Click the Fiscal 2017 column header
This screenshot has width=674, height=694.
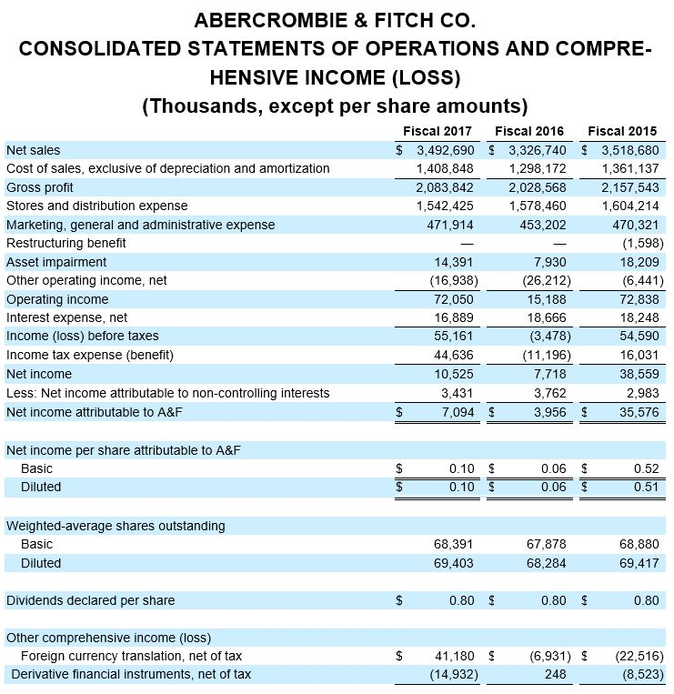pos(438,132)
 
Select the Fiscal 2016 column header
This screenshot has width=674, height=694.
pos(529,132)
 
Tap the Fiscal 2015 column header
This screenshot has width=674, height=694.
pos(622,132)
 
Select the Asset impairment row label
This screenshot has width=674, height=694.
pos(56,262)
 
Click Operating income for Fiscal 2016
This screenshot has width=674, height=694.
pos(546,299)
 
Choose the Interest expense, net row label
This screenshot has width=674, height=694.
pos(66,318)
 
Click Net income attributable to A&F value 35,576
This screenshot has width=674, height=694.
pos(637,412)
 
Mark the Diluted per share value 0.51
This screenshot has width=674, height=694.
pos(646,487)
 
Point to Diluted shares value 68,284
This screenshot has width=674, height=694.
pos(547,563)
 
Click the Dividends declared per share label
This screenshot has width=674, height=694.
pos(90,600)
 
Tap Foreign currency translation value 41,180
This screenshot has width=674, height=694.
pos(455,656)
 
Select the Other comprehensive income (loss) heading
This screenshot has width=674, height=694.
pos(108,637)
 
